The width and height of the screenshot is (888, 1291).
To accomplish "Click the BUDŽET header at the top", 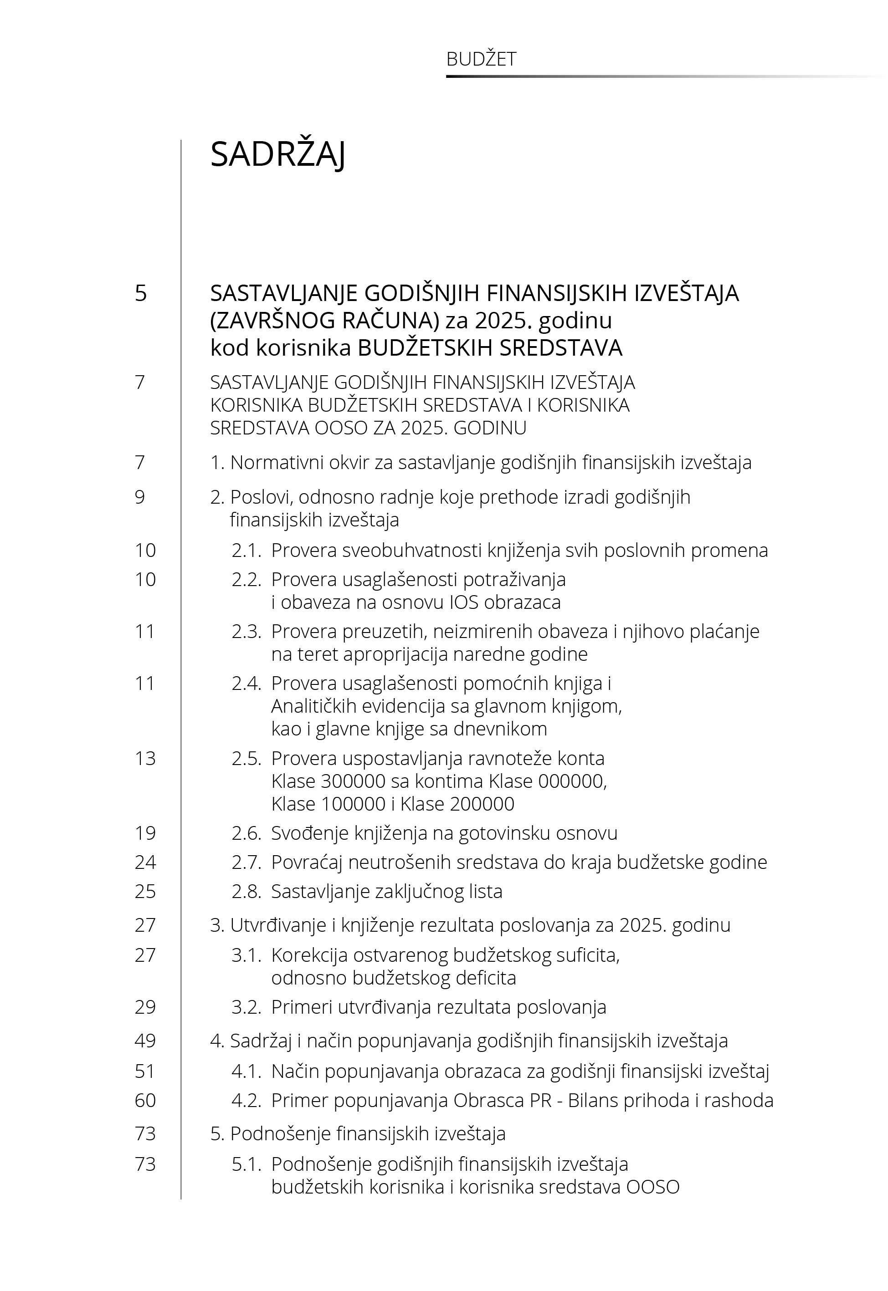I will pyautogui.click(x=481, y=59).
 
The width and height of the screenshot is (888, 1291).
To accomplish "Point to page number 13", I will pyautogui.click(x=145, y=758).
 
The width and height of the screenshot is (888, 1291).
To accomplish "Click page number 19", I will pyautogui.click(x=145, y=833).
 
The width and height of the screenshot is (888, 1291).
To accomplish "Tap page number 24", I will pyautogui.click(x=145, y=862).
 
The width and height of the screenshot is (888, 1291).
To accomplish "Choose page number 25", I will pyautogui.click(x=145, y=892).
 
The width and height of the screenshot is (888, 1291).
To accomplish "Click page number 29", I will pyautogui.click(x=145, y=1007).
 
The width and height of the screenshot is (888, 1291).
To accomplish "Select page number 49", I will pyautogui.click(x=145, y=1041).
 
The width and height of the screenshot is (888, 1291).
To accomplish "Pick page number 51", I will pyautogui.click(x=145, y=1071).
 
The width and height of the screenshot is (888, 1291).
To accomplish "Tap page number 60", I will pyautogui.click(x=145, y=1100).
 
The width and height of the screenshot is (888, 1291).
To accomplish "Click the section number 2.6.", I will pyautogui.click(x=246, y=833).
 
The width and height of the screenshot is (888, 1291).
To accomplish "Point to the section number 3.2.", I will pyautogui.click(x=246, y=1007).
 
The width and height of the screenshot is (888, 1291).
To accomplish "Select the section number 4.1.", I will pyautogui.click(x=246, y=1071).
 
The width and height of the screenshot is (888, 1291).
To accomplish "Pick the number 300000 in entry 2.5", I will pyautogui.click(x=353, y=781).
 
